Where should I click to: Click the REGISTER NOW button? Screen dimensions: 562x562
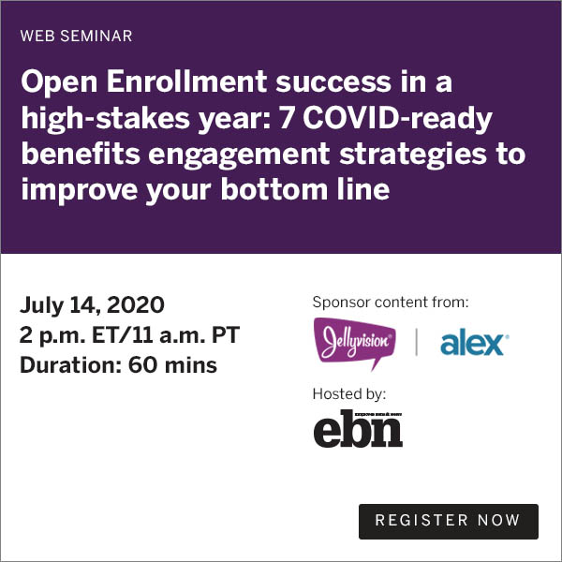click(449, 521)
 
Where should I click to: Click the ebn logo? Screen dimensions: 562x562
click(358, 427)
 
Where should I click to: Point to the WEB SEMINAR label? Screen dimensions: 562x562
click(76, 37)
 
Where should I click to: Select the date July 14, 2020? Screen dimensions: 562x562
click(92, 305)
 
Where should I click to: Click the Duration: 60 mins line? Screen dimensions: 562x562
click(118, 365)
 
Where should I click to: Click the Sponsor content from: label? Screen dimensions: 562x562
click(391, 303)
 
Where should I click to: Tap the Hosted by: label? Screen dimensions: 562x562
click(349, 393)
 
